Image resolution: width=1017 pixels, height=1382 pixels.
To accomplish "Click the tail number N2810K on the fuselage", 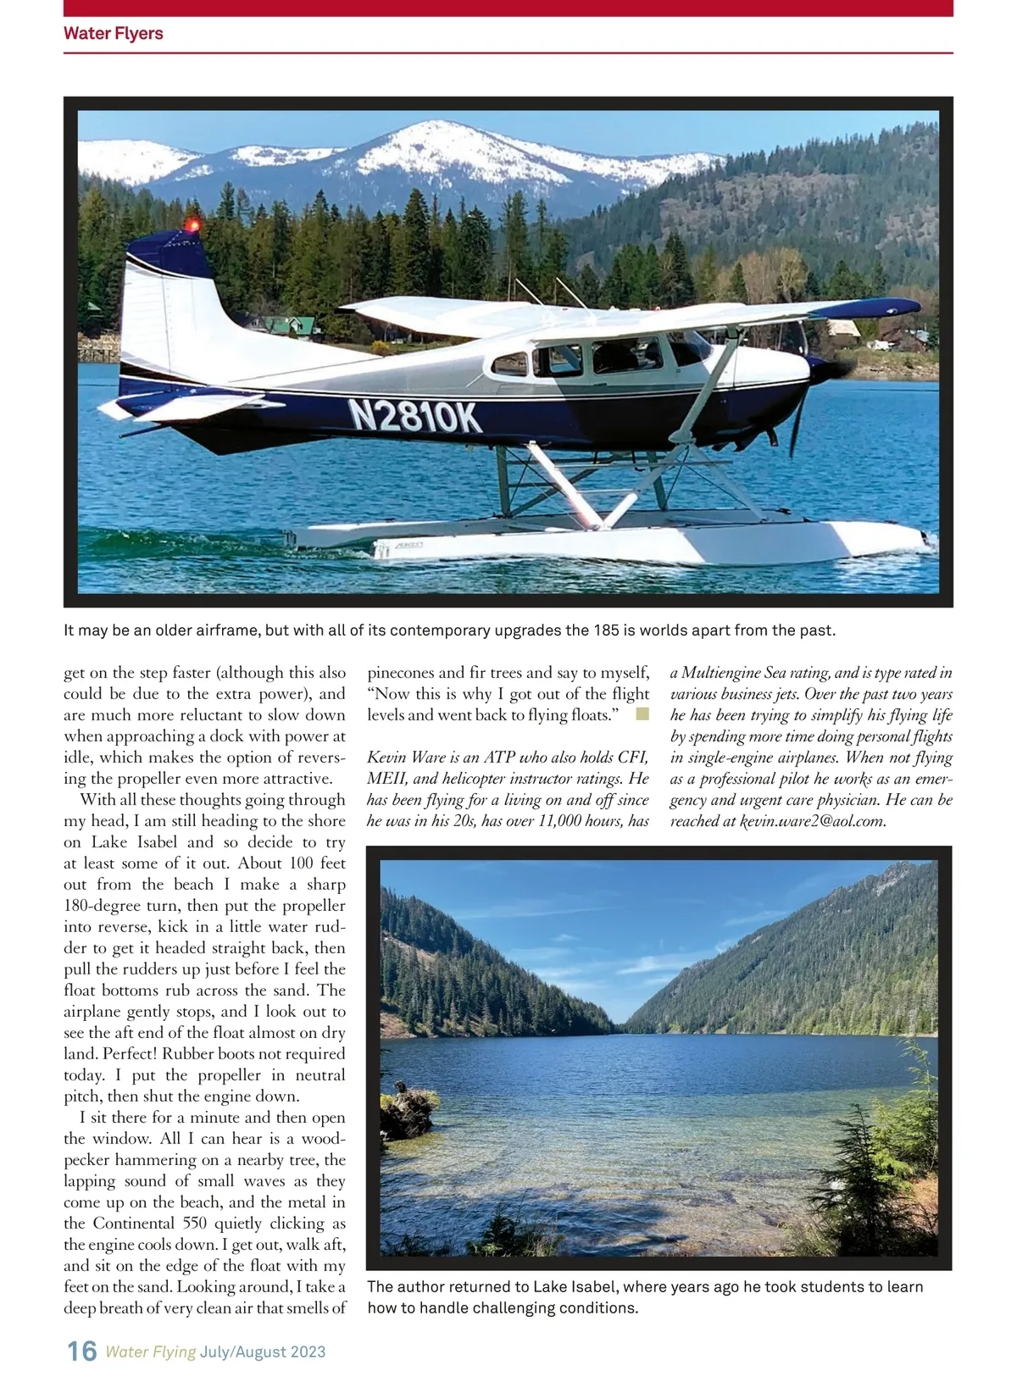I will pos(414,416).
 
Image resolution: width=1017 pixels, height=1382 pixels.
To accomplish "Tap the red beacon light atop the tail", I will pos(193,225).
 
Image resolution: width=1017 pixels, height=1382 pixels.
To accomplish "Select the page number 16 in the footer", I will pos(82,1351).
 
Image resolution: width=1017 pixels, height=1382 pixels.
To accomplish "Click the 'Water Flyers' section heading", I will pos(113,34).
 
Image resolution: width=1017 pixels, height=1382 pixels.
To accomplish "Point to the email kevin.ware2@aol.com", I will pos(813,821).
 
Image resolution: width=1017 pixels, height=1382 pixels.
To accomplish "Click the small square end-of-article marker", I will pos(642,714).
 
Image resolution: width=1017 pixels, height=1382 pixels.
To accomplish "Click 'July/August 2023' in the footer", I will pos(263,1351).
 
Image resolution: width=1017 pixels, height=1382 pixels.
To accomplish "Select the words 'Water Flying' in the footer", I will pos(150,1351).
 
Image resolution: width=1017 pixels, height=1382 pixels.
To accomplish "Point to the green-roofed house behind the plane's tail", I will pos(292,325).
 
